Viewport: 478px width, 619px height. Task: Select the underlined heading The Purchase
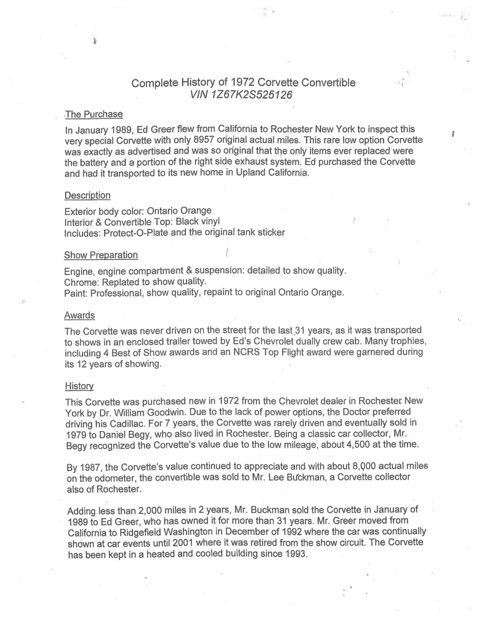(94, 114)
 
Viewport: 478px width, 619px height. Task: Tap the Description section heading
(87, 195)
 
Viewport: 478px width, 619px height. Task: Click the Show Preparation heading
(101, 255)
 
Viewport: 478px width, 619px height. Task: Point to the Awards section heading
(80, 315)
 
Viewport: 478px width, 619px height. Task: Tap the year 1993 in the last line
(296, 554)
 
